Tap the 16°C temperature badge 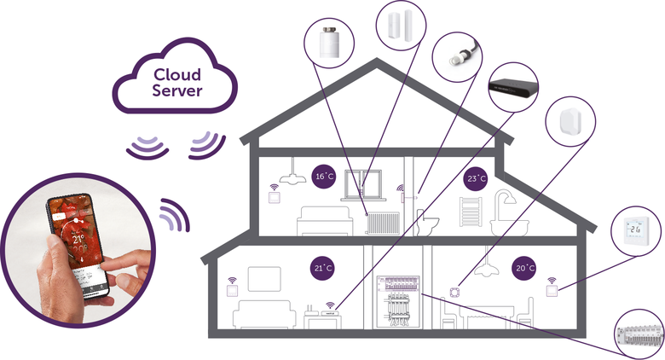(x=322, y=176)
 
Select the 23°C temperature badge (x=476, y=179)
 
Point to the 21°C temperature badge (x=322, y=269)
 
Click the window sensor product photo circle (x=400, y=26)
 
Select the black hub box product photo (x=514, y=85)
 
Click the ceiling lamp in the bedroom (x=290, y=174)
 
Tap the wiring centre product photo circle (x=639, y=336)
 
